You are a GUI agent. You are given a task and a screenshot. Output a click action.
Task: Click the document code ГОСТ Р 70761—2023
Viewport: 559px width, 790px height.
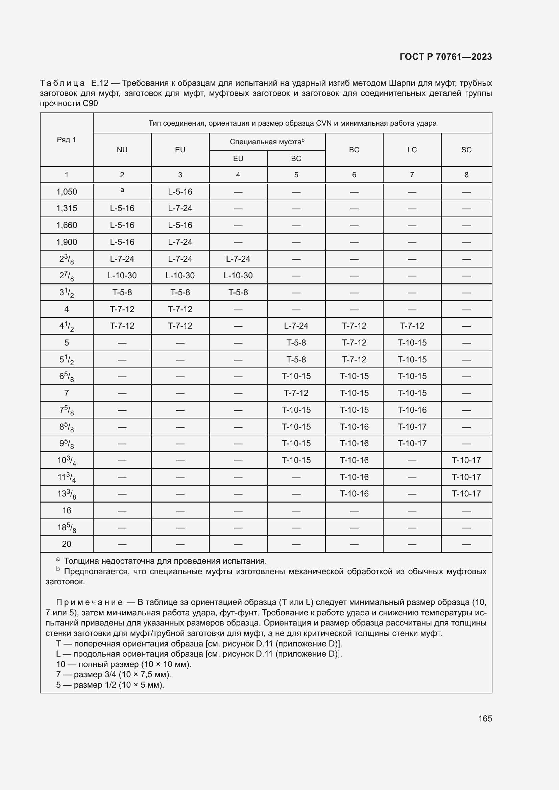coord(445,57)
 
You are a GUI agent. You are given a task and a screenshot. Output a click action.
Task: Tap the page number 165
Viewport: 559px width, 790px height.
coord(485,718)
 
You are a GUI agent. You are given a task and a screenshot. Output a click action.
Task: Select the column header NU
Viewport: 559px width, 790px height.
coord(122,150)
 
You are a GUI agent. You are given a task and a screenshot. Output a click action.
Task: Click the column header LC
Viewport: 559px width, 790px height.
coord(412,150)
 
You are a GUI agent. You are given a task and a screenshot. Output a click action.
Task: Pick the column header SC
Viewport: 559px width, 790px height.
coord(466,150)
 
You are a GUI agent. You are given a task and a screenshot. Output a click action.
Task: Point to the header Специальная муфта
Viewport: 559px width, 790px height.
coord(265,142)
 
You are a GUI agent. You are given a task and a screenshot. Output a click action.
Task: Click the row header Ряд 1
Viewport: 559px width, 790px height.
coord(67,140)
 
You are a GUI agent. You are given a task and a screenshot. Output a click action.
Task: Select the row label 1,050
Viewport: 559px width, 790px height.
coord(67,192)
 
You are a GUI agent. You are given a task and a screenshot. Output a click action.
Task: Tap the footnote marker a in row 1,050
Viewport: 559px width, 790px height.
coord(122,189)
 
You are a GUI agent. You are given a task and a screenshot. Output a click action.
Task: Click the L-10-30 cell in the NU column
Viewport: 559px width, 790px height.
coord(122,275)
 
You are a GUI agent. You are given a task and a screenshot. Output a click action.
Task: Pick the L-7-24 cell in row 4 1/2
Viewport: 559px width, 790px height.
coord(296,326)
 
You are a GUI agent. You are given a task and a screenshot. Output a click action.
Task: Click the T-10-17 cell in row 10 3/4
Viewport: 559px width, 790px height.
coord(466,460)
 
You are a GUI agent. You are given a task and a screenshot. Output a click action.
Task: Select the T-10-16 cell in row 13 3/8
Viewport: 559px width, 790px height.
coord(354,493)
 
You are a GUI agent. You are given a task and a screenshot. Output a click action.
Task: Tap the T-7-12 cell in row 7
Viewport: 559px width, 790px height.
coord(296,393)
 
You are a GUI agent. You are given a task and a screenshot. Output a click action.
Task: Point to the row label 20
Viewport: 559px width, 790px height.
coord(67,544)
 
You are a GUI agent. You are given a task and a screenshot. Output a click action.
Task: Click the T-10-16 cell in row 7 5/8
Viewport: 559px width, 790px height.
coord(412,410)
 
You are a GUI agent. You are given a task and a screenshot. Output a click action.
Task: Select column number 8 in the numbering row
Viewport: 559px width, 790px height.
coord(466,175)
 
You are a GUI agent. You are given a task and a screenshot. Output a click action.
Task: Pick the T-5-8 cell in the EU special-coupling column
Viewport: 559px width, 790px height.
coord(238,292)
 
